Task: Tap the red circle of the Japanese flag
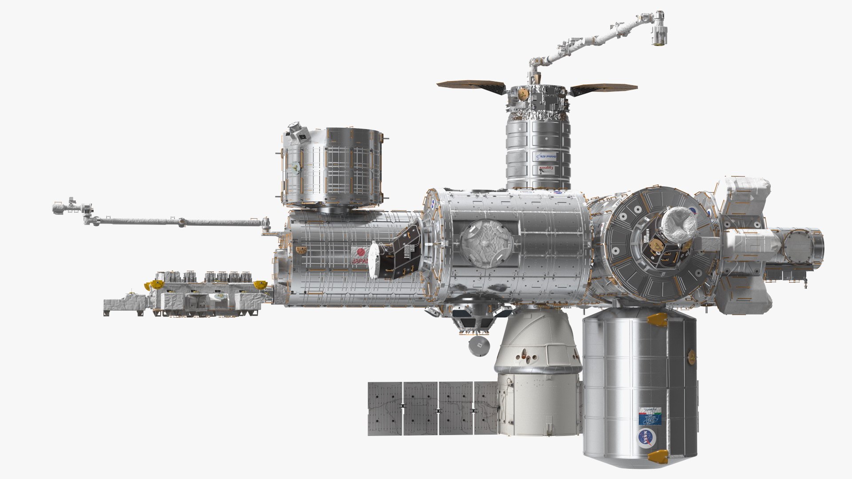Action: pos(360,252)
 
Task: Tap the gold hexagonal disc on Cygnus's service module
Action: pos(525,94)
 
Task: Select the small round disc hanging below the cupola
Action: pos(478,346)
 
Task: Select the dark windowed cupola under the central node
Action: pos(472,321)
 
